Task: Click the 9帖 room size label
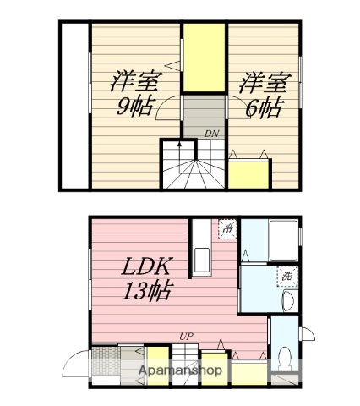135,107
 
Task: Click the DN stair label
211,134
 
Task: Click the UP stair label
185,337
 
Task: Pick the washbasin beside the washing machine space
286,301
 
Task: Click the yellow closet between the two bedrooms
205,59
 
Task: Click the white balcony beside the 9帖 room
74,107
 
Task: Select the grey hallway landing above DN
203,112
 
